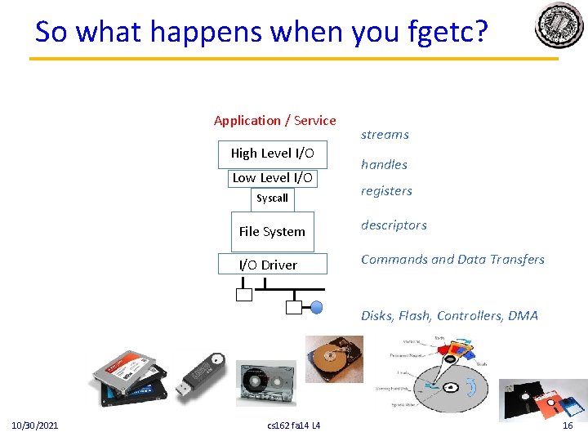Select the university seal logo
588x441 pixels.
559,26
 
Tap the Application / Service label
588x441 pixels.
274,121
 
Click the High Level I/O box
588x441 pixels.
272,154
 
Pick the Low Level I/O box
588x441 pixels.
272,178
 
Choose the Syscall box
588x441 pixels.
272,198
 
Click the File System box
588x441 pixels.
272,232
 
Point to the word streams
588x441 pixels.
385,135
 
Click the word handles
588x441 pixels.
384,165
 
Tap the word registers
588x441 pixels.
386,191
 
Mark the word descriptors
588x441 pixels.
394,225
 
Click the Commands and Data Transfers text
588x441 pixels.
452,260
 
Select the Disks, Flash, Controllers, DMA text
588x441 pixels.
449,316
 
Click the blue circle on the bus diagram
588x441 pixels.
317,307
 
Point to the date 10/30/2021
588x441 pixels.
34,425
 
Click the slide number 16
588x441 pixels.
568,425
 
